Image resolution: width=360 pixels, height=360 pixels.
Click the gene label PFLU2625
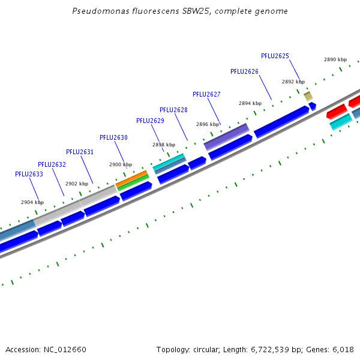tap(275, 56)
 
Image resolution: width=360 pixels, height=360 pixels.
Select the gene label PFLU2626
tap(244, 71)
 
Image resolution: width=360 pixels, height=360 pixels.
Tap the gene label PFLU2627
tap(206, 94)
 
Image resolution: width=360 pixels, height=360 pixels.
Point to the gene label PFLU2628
tap(173, 110)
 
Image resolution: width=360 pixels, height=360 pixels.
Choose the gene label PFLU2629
tap(150, 121)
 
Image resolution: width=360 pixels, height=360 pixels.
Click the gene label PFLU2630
tap(113, 137)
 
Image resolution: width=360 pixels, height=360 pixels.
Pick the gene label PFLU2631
tap(80, 152)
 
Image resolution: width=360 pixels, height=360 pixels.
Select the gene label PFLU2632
tap(52, 164)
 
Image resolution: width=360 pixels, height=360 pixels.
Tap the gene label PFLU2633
tap(29, 174)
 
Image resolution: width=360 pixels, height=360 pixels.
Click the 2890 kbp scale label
tap(335, 59)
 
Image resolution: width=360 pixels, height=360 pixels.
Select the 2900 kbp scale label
tap(120, 164)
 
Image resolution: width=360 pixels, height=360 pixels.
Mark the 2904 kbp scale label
tap(32, 202)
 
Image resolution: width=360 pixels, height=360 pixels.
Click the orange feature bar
tap(131, 178)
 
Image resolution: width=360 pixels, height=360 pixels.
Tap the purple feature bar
tap(226, 137)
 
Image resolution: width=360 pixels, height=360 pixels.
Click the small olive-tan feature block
tap(308, 96)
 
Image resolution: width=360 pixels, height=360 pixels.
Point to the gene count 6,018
tap(343, 349)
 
